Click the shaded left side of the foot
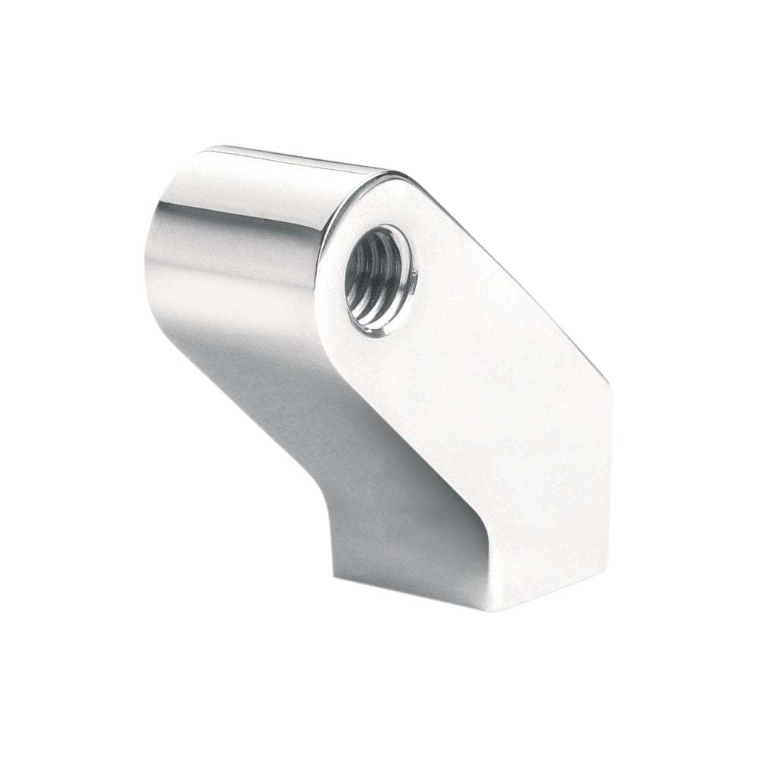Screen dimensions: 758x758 402,546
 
